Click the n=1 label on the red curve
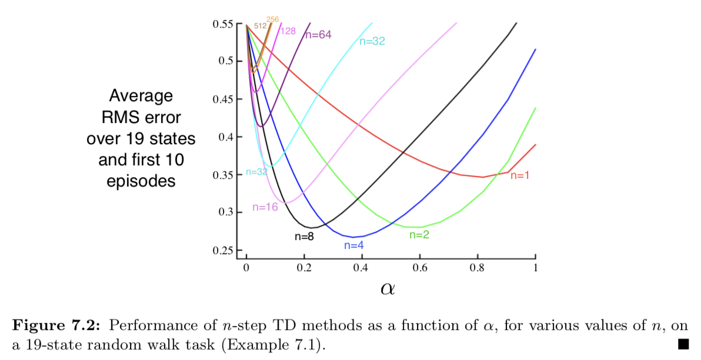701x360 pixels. (x=520, y=175)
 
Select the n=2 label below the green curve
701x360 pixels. (x=419, y=235)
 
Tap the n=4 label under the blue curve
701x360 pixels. (x=355, y=246)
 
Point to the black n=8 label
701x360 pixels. (x=304, y=236)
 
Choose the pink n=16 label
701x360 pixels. (x=265, y=207)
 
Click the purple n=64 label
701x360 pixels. (x=318, y=35)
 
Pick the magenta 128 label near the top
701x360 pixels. (x=288, y=31)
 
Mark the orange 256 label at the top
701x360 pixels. (x=273, y=19)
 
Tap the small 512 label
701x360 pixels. (x=260, y=26)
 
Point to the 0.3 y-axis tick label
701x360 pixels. (x=226, y=212)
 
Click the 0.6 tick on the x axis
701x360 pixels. (x=420, y=268)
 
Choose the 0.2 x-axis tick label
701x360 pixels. (x=304, y=268)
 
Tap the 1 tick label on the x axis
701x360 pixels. (x=535, y=268)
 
